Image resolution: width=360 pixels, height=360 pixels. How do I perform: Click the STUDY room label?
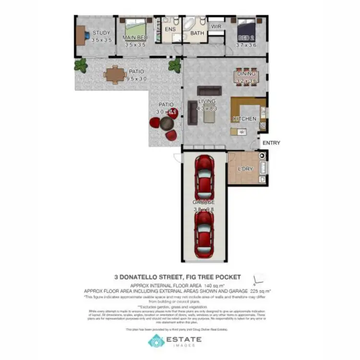pos(101,33)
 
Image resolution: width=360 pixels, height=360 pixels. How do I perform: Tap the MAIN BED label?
pos(134,37)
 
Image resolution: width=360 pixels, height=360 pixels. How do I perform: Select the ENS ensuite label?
pos(170,29)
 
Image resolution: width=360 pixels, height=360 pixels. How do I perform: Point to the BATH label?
pos(197,34)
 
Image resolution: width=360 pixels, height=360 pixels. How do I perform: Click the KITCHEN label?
pos(245,119)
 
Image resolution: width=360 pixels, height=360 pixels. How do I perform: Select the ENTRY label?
pos(271,143)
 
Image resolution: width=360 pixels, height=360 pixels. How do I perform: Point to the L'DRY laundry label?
pos(246,169)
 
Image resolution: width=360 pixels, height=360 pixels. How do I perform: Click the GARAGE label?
pos(204,202)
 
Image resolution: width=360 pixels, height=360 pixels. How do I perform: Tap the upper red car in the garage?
pos(204,174)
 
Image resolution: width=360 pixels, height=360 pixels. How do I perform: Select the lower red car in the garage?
pos(204,234)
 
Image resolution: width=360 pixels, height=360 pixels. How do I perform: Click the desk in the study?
pos(80,35)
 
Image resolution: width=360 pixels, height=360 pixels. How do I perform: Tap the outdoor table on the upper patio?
pos(115,74)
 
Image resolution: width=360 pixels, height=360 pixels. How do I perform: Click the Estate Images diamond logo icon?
pos(156,341)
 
